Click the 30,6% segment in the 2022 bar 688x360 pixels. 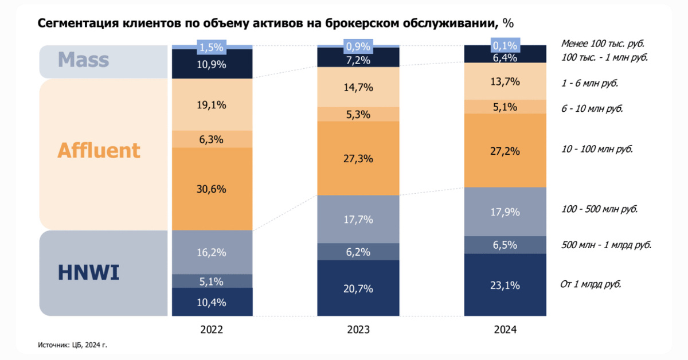pyautogui.click(x=212, y=189)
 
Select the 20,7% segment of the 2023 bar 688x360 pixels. pyautogui.click(x=358, y=288)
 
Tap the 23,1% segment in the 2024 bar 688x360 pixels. pyautogui.click(x=505, y=285)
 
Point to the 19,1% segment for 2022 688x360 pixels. pyautogui.click(x=212, y=105)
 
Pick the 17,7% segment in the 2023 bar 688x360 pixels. pyautogui.click(x=358, y=220)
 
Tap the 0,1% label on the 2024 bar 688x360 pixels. pyautogui.click(x=505, y=45)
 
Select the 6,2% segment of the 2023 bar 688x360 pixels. pyautogui.click(x=358, y=251)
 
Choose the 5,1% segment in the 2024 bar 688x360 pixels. pyautogui.click(x=505, y=107)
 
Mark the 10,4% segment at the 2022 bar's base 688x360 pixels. pyautogui.click(x=212, y=302)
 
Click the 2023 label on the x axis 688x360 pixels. pyautogui.click(x=358, y=330)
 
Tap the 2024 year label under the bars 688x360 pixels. pyautogui.click(x=505, y=330)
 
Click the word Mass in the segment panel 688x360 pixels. pyautogui.click(x=83, y=60)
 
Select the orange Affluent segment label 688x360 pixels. pyautogui.click(x=99, y=150)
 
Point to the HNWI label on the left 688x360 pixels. pyautogui.click(x=88, y=273)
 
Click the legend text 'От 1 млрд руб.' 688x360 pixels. pyautogui.click(x=591, y=284)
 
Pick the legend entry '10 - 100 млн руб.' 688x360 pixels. pyautogui.click(x=597, y=149)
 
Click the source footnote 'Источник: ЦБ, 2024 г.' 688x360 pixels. pyautogui.click(x=73, y=345)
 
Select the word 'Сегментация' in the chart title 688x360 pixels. pyautogui.click(x=75, y=23)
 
